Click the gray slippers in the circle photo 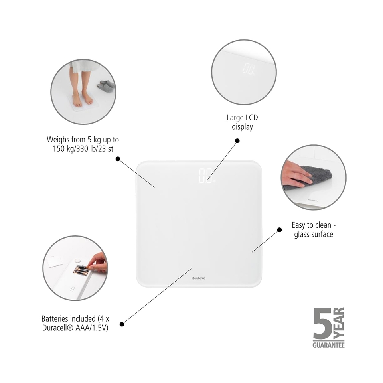coord(106,86)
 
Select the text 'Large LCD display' coord(242,122)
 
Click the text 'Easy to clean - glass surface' coord(313,230)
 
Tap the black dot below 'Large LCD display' coord(237,140)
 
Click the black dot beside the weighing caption coord(118,158)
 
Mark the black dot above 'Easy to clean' coord(279,230)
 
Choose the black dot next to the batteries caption coord(122,324)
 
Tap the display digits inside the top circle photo coord(249,69)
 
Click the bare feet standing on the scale coord(82,98)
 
